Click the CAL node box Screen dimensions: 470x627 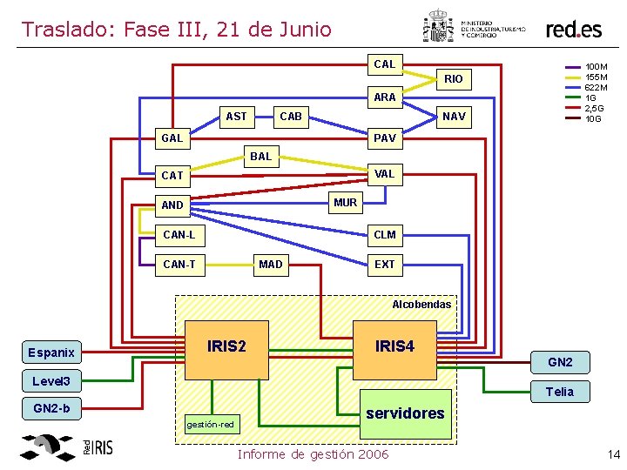[x=384, y=64]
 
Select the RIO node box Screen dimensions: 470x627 [x=454, y=79]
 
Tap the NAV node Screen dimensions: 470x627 [x=454, y=117]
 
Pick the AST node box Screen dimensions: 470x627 [x=236, y=117]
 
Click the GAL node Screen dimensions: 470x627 [x=172, y=138]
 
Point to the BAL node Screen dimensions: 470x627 [x=260, y=157]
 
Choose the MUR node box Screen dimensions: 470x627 [x=345, y=203]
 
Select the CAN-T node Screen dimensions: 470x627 [x=179, y=265]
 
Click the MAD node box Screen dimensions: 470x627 [x=271, y=265]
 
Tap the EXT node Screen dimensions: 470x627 [x=384, y=265]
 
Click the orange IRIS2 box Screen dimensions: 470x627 [x=226, y=347]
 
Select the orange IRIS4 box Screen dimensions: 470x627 [x=394, y=347]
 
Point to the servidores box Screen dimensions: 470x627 [x=406, y=413]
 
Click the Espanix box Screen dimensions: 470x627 [x=51, y=352]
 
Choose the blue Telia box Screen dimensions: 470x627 [x=559, y=392]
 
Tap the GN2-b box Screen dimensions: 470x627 [x=51, y=408]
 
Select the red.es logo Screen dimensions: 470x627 [x=573, y=29]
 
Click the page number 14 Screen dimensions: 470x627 [x=613, y=454]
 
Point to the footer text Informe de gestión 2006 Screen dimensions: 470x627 [x=313, y=454]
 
